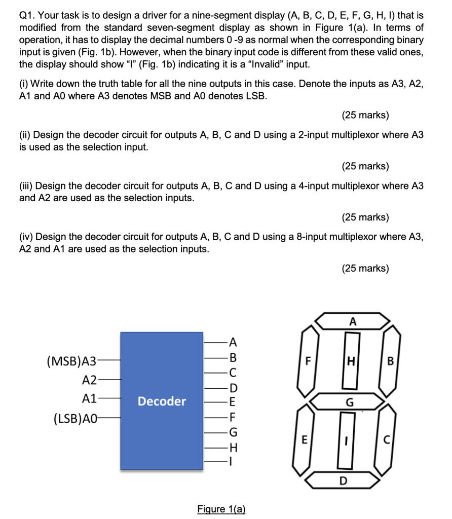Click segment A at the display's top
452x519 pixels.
[x=353, y=321]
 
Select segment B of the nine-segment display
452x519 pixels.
[x=390, y=361]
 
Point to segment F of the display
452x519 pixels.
[x=307, y=361]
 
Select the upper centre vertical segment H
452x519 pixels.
[x=350, y=361]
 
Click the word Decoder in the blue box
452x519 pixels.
[x=162, y=401]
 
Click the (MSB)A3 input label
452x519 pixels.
[x=71, y=361]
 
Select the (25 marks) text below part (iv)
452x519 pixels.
[x=365, y=268]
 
